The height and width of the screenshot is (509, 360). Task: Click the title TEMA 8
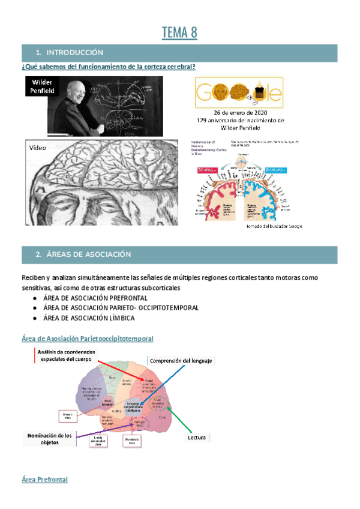point(179,32)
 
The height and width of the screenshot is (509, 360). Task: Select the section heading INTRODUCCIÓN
point(74,53)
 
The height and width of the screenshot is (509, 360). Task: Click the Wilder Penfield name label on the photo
point(43,86)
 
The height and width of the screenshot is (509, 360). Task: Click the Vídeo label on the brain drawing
point(37,148)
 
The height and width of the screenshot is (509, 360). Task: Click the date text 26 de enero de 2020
point(239,112)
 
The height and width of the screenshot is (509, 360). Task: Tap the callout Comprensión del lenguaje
point(180,361)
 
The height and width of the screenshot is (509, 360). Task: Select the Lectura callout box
point(196,438)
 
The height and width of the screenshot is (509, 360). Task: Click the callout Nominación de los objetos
point(49,439)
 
